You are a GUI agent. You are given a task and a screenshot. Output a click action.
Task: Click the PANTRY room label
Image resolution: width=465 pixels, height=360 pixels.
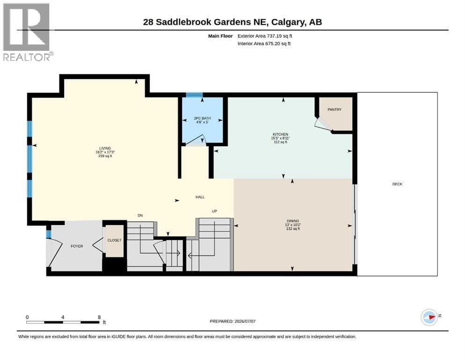(x=334, y=110)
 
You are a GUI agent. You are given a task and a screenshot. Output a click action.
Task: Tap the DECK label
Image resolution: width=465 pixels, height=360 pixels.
(x=397, y=184)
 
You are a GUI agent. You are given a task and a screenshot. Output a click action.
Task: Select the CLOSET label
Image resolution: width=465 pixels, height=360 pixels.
(x=114, y=240)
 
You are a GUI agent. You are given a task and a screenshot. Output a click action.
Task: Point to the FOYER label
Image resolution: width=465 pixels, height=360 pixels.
(x=77, y=246)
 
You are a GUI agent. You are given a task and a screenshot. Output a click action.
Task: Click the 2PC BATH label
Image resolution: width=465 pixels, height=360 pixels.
(x=202, y=118)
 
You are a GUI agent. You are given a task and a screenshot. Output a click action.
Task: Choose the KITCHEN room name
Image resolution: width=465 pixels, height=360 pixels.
(x=280, y=134)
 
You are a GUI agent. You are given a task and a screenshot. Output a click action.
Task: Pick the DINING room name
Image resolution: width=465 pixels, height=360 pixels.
(x=293, y=221)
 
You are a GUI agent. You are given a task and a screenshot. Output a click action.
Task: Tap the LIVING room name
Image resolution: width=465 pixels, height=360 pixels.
(x=105, y=148)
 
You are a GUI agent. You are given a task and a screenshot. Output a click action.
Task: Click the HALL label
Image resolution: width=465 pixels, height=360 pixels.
(x=200, y=197)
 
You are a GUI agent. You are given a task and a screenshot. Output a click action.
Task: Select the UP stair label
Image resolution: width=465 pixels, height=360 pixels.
(x=214, y=211)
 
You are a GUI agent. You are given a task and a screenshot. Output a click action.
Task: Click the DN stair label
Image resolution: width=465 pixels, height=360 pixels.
(x=140, y=215)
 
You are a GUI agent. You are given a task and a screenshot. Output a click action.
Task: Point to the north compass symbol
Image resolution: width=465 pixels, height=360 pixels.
(x=429, y=317)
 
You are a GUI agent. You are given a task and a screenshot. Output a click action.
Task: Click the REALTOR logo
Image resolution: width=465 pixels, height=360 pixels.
(x=27, y=32)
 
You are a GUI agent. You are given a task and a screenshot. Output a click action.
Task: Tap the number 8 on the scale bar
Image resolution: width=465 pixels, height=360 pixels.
(x=99, y=317)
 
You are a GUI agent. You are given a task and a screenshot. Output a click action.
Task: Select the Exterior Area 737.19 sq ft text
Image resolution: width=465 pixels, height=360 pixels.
(x=265, y=36)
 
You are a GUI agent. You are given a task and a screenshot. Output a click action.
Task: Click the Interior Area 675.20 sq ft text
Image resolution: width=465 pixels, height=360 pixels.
(x=264, y=43)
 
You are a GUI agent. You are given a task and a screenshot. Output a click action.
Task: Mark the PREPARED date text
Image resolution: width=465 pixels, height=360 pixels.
(x=232, y=321)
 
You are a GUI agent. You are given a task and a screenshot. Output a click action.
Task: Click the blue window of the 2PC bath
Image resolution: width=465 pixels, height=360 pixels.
(x=194, y=95)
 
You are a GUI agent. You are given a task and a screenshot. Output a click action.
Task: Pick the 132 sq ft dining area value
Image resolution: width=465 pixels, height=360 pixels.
(x=293, y=229)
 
